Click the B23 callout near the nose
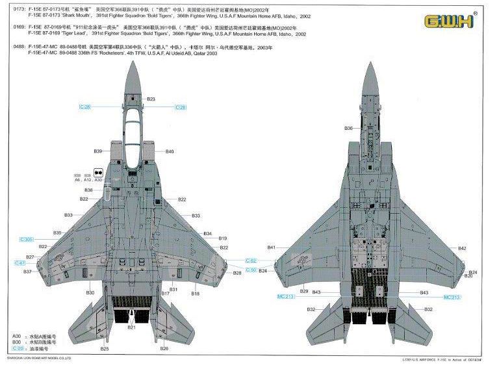pos(151,99)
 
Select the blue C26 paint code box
pos(85,107)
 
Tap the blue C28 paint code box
pos(181,107)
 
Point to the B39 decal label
pos(97,151)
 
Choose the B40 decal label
pos(170,151)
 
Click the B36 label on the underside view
pos(348,129)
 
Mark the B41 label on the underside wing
pos(272,247)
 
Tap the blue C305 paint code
pos(27,240)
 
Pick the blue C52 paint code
pos(251,260)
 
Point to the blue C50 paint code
pos(251,269)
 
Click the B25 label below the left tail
pos(104,349)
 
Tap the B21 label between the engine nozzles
pos(131,327)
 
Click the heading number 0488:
pos(18,47)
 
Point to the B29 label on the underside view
pos(304,291)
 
